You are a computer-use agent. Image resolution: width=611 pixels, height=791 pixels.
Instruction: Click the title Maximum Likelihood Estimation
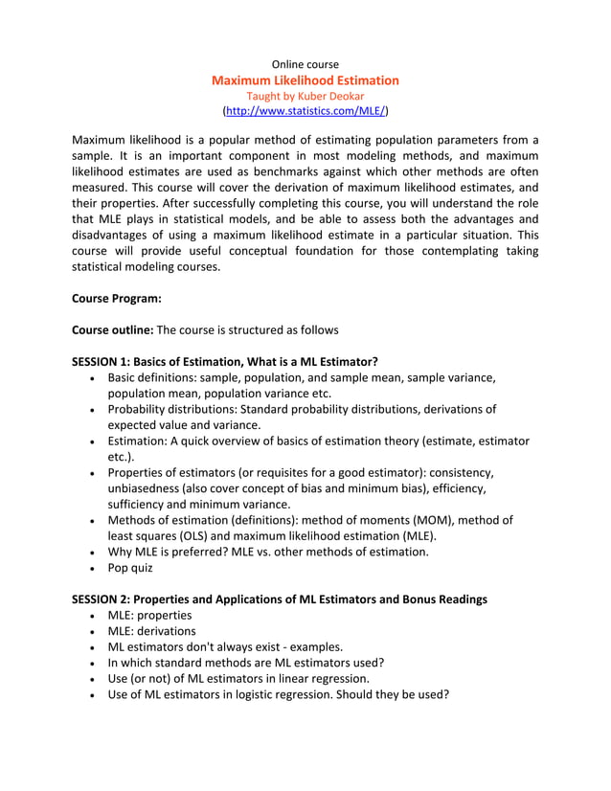click(305, 80)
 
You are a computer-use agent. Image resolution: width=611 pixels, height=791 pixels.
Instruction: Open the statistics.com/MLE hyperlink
click(305, 112)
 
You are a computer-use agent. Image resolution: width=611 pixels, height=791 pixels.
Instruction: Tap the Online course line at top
click(305, 64)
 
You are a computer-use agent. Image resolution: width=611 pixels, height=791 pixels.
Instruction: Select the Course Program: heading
click(116, 298)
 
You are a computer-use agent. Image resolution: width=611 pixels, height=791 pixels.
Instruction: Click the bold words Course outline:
click(112, 329)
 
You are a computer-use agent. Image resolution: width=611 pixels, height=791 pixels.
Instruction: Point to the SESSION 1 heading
click(224, 361)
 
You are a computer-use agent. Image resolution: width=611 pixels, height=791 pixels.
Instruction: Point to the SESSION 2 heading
click(279, 599)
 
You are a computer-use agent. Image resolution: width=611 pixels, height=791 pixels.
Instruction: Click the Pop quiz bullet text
click(130, 567)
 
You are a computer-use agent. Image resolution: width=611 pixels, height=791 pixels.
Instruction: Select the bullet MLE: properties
click(149, 615)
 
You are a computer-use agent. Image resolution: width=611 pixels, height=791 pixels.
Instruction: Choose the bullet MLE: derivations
click(151, 631)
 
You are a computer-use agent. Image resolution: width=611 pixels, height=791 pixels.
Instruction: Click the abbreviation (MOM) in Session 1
click(437, 520)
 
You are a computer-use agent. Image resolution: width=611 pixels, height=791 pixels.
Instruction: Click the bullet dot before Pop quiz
click(90, 568)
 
